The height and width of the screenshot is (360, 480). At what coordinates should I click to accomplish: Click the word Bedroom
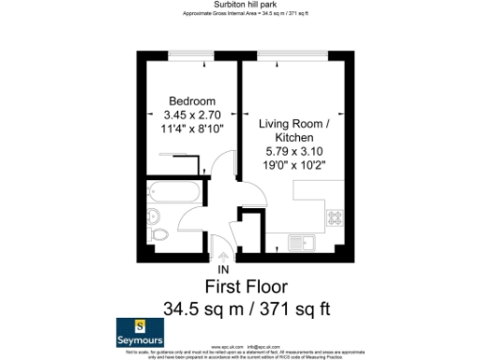click(192, 101)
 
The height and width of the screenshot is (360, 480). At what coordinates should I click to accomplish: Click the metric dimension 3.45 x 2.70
click(192, 115)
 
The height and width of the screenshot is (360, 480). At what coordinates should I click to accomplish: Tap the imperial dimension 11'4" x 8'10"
click(192, 130)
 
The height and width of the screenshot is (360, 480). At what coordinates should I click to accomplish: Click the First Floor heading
click(246, 287)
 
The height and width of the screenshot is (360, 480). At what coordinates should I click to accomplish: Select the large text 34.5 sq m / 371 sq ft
click(246, 307)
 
